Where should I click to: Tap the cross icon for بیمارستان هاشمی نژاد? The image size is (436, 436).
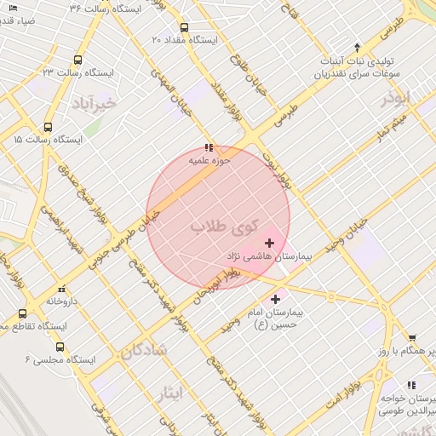tap(270, 243)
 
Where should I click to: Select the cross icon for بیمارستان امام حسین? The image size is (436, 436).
tap(275, 300)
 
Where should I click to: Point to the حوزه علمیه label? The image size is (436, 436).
tap(204, 158)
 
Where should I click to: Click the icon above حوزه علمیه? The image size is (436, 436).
tap(209, 146)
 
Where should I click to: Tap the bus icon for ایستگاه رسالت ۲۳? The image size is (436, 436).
tap(78, 60)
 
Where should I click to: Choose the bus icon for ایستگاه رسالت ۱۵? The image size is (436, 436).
tap(48, 127)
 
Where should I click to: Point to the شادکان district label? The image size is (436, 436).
tap(143, 350)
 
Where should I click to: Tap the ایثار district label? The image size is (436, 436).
tap(170, 393)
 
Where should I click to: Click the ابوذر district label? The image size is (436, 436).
tap(395, 99)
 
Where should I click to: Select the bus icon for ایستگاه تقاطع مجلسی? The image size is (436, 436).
tap(22, 313)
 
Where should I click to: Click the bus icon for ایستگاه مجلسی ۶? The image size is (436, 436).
tap(60, 347)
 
